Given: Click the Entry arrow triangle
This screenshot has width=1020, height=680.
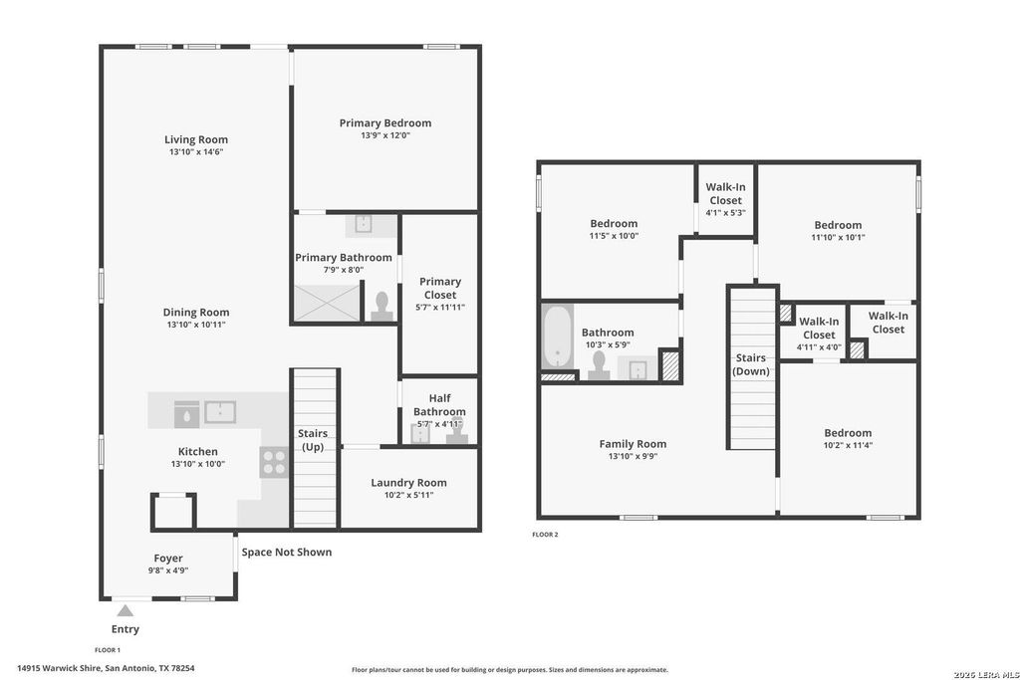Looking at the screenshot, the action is coord(125,610).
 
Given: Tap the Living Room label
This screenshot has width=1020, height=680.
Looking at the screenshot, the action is coord(196,139).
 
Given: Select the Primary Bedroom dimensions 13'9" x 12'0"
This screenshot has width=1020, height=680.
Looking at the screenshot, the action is coord(385,135).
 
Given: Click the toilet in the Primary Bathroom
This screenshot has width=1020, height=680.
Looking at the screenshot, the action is coord(382,307).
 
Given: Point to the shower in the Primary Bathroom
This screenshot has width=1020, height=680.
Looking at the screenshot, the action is coord(327,303).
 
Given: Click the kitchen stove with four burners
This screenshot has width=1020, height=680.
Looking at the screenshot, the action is coord(274,462).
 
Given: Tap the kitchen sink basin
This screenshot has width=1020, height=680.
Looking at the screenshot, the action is coord(220,412).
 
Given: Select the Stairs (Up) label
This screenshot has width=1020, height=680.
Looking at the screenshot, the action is coord(313,440).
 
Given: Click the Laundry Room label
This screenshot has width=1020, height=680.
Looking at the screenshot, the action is coord(408,482).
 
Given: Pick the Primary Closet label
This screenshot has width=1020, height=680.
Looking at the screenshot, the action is coord(440,288).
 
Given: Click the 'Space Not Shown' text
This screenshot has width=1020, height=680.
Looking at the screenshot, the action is coord(287,552).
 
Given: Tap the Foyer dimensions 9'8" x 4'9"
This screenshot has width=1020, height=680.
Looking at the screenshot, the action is coord(167,570).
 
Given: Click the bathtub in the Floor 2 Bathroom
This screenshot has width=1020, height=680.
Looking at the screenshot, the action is coord(558,338).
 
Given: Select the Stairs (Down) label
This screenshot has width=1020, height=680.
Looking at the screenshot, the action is coord(751,364).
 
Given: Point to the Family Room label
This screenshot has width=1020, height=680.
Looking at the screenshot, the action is coord(633,444).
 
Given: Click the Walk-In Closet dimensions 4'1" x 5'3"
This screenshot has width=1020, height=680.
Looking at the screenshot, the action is coord(725,213).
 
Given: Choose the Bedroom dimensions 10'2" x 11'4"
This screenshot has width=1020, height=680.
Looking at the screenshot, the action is coord(848,445).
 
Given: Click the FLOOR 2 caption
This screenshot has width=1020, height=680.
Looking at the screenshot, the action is coord(545,535).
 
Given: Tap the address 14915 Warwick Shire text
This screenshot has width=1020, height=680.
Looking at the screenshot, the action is coord(59,668).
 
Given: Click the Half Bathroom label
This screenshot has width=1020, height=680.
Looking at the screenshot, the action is coord(439,404).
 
